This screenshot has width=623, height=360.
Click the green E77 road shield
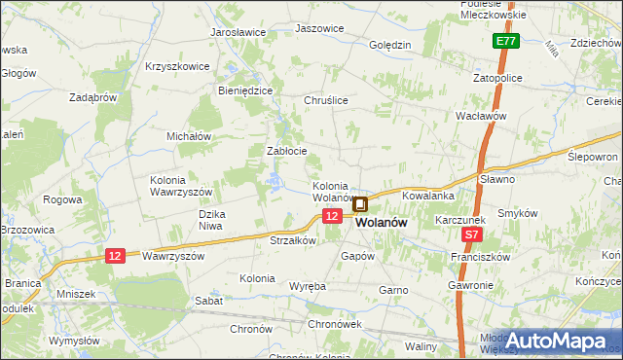(x=504, y=42)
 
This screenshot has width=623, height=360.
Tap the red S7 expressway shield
(x=472, y=235)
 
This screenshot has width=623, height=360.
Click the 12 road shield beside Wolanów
(x=332, y=216)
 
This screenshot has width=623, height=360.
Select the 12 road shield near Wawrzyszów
(x=115, y=256)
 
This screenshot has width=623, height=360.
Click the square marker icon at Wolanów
(x=360, y=204)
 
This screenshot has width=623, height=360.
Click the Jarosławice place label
(x=238, y=32)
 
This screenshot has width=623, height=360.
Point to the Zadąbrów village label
(x=93, y=97)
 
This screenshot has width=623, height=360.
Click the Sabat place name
(x=208, y=301)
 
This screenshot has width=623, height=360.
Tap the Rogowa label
(x=62, y=199)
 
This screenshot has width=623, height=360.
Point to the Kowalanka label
(x=428, y=196)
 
